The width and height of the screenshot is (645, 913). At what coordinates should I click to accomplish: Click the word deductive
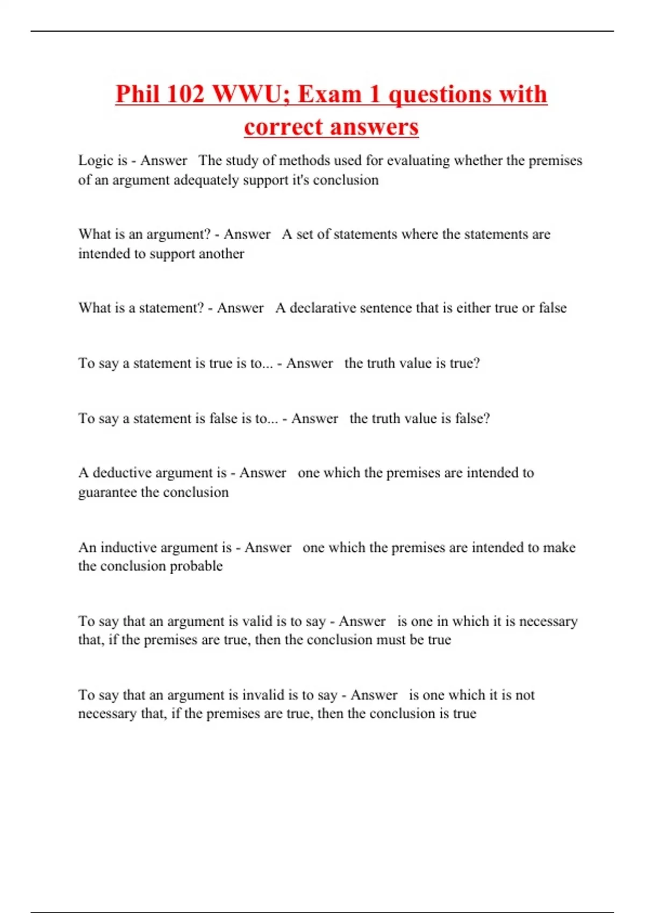tap(126, 473)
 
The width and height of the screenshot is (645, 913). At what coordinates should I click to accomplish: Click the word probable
tap(196, 566)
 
